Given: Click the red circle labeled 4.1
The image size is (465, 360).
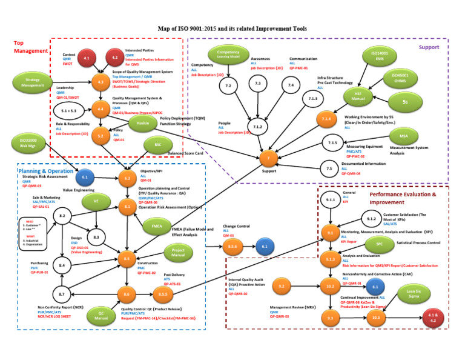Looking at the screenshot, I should [x=87, y=58].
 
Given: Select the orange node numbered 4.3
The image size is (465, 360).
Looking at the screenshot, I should [x=101, y=81].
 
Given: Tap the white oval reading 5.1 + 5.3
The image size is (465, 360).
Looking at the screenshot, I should [x=68, y=112].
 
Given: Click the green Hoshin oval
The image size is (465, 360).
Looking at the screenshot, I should [x=143, y=122].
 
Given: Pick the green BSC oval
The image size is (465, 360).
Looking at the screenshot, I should [x=158, y=145].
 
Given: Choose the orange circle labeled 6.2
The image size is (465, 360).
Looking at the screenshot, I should [x=127, y=178].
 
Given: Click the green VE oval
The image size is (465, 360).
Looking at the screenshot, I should [x=96, y=201].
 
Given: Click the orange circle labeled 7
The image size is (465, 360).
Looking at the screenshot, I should [x=269, y=158].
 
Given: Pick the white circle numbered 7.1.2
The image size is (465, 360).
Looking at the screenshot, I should [x=257, y=126].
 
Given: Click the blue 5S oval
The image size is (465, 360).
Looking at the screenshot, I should [x=405, y=102].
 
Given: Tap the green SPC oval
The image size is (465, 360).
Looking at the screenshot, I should [x=380, y=244].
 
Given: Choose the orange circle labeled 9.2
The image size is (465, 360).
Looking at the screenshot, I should [x=282, y=285].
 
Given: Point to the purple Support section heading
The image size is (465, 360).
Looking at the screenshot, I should [x=429, y=47].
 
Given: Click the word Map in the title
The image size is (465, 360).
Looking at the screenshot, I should [x=166, y=28].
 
